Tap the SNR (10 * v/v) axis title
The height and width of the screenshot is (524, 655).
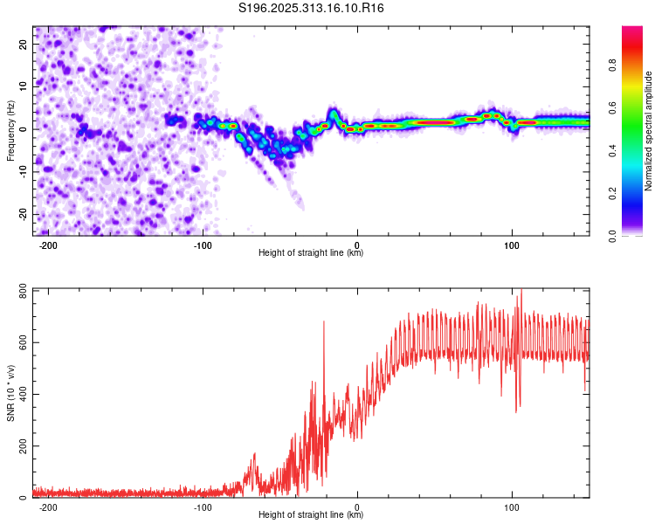(x=10, y=394)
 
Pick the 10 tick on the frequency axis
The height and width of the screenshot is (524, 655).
(x=24, y=86)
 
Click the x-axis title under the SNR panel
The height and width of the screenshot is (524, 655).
(x=311, y=515)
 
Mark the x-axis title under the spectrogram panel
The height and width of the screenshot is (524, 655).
(x=311, y=253)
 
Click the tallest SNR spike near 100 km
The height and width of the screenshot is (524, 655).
(x=521, y=291)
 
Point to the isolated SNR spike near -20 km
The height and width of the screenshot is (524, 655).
(x=324, y=322)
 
